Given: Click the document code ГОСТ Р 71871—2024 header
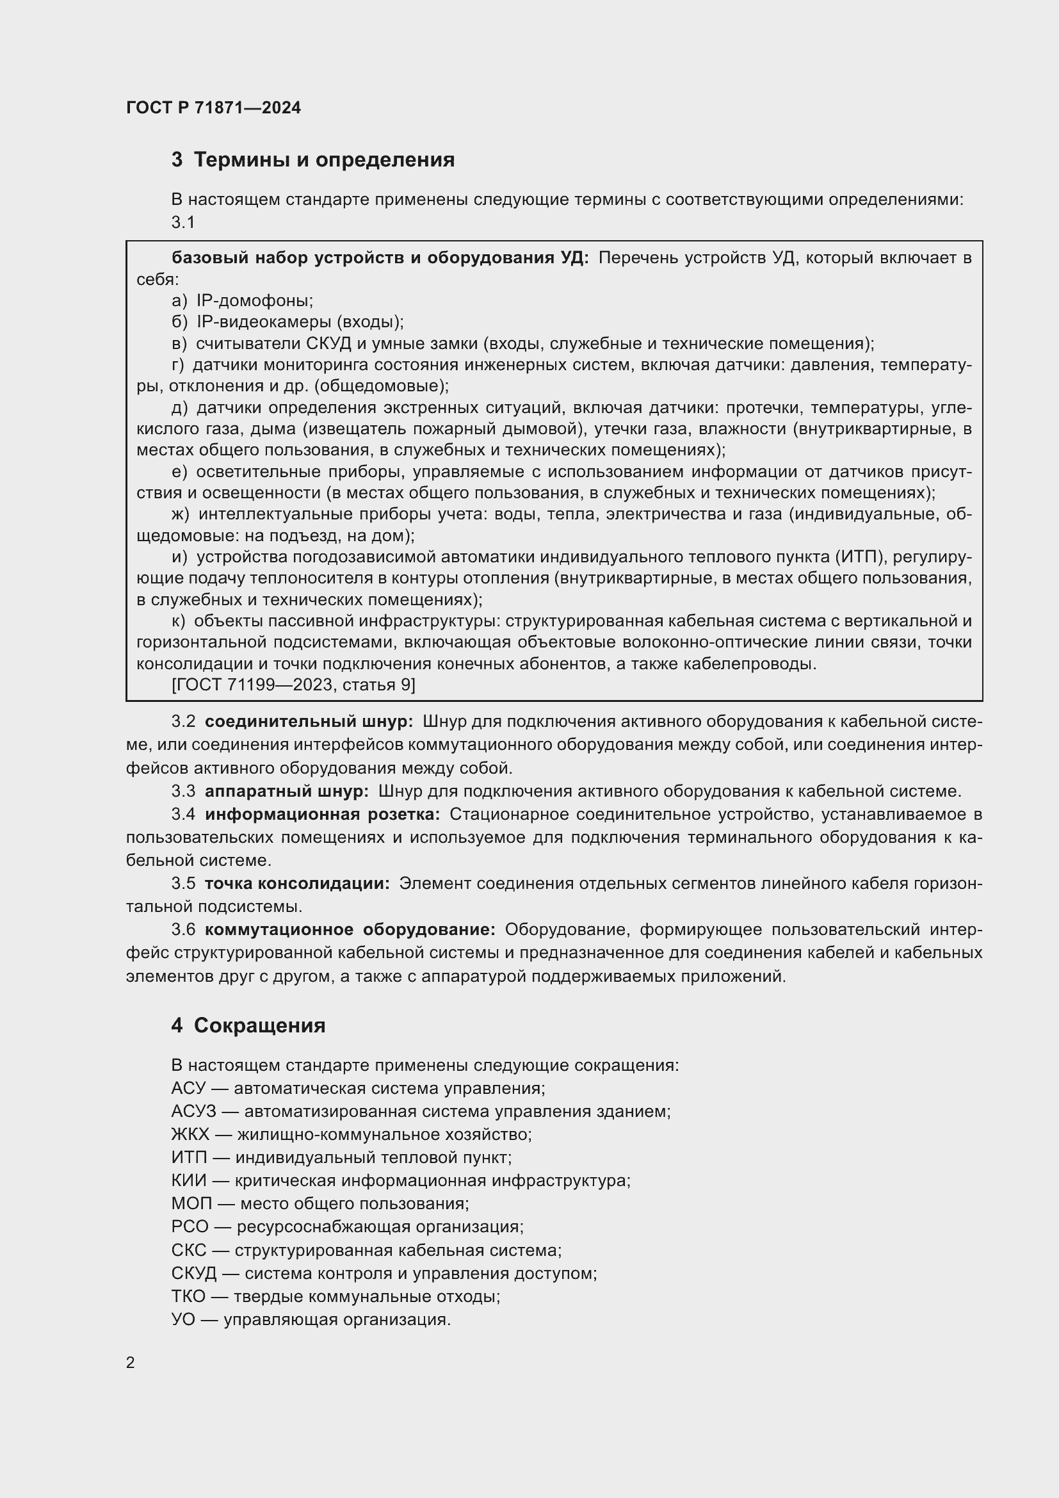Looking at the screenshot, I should (213, 108).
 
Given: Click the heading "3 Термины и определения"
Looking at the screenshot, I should (313, 159).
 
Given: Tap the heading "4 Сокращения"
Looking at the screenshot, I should (248, 1025).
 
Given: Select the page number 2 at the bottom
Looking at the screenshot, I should (131, 1362).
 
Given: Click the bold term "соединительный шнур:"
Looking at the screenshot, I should (309, 722).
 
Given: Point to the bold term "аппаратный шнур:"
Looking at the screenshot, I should (286, 792).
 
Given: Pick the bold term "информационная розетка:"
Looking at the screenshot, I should (322, 814).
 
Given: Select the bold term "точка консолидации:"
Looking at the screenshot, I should (296, 883).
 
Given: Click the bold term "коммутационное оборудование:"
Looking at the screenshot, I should (350, 929).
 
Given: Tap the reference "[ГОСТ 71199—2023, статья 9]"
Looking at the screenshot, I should (293, 685).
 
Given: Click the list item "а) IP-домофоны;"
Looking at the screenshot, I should (243, 301).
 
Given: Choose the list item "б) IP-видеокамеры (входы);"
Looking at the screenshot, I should (287, 322).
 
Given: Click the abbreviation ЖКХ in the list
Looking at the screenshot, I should (190, 1134).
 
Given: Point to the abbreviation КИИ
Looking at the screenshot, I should (188, 1180).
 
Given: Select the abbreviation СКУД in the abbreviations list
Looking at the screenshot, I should (193, 1273).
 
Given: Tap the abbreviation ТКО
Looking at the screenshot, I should (188, 1296).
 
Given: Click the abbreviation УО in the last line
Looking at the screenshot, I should (183, 1319).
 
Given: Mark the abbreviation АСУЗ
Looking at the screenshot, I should (193, 1111).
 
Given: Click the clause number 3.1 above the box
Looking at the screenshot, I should (183, 222).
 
